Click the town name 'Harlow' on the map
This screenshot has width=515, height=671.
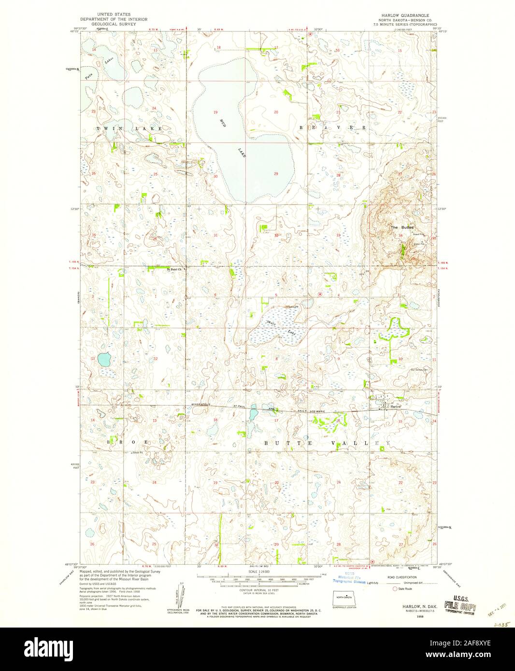(x=396, y=406)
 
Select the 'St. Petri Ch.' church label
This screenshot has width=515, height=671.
(x=174, y=269)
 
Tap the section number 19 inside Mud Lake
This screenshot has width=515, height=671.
(x=215, y=112)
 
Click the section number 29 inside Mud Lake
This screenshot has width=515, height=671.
(x=276, y=174)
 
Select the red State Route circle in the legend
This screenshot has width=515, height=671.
(x=395, y=589)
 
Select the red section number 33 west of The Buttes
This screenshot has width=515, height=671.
(x=339, y=235)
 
